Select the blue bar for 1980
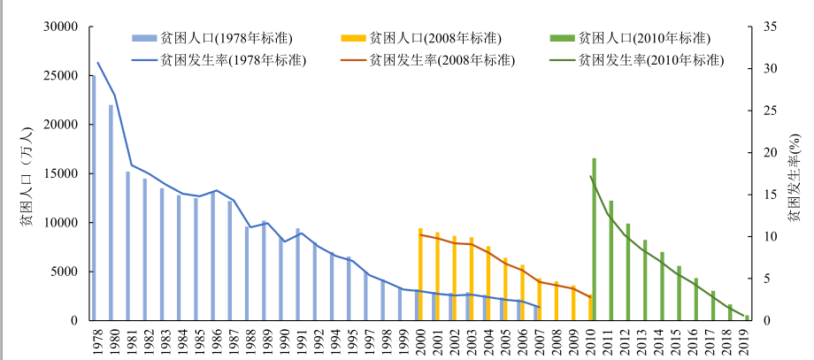click(111, 213)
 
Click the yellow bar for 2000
click(420, 274)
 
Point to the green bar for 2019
click(747, 318)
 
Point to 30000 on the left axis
click(61, 27)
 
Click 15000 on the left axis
click(61, 173)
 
